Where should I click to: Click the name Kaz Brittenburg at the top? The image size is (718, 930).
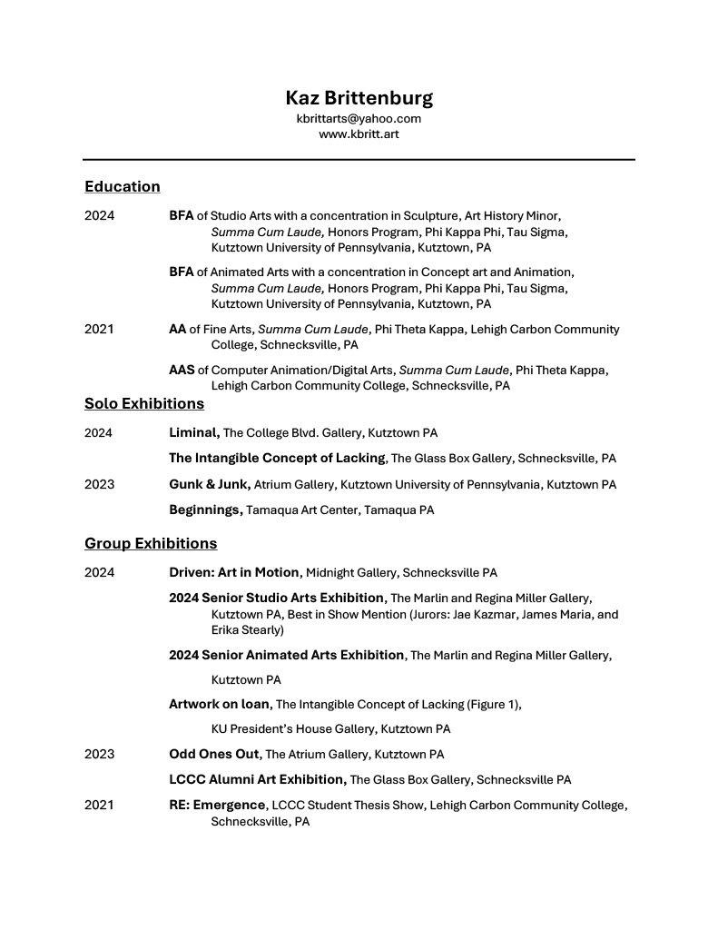point(359,97)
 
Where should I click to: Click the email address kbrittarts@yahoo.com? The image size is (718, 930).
point(359,118)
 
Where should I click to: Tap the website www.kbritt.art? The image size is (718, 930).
point(359,134)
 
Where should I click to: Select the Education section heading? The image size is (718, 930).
point(122,186)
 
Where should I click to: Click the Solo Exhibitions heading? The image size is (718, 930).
point(143,403)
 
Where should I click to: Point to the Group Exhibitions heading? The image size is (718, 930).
point(151,543)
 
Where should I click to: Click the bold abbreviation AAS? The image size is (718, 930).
point(182,370)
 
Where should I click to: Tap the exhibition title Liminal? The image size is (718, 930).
point(193,433)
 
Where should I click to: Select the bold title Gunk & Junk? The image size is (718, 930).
point(209,484)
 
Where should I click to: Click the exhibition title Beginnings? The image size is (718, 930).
point(205,510)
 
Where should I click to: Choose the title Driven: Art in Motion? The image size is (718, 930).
point(233,572)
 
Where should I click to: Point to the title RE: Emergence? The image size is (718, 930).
point(217,805)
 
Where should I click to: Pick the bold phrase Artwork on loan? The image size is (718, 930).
point(219,703)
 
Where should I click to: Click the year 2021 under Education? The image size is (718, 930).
point(99,329)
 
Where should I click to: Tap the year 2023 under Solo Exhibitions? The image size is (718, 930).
point(99,484)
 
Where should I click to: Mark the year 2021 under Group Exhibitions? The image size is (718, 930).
point(99,805)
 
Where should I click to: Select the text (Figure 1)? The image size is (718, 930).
point(493,704)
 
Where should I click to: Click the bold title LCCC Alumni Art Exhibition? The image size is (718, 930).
point(257,779)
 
